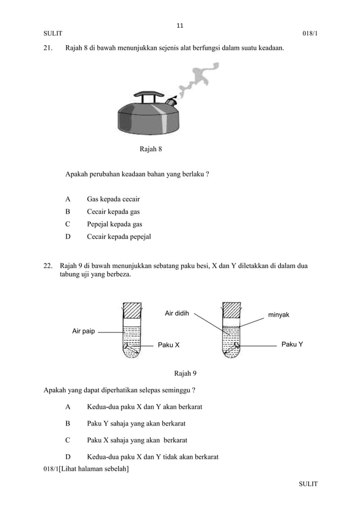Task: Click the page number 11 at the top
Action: point(180,25)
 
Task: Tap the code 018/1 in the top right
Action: point(310,34)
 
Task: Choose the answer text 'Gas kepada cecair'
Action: point(113,199)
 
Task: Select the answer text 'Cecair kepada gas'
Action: point(113,212)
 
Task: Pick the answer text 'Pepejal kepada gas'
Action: point(115,224)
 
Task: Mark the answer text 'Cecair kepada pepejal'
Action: point(119,236)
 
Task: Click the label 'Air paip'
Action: point(83,331)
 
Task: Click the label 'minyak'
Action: point(278,314)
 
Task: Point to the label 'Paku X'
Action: point(168,345)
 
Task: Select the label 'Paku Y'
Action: point(292,344)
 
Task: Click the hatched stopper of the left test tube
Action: point(132,311)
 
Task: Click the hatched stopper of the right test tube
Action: point(231,311)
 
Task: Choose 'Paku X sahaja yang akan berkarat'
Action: point(137,440)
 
